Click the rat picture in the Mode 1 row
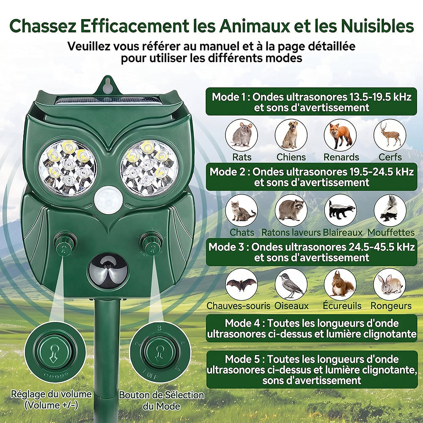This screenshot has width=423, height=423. [x=242, y=135]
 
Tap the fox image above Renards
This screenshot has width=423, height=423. [x=340, y=135]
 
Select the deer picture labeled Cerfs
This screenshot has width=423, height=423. [x=390, y=135]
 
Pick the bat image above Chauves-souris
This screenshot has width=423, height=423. [x=242, y=284]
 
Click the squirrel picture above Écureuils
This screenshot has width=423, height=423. [x=340, y=284]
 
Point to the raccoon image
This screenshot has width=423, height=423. [x=291, y=210]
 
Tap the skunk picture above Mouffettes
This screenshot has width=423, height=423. [x=390, y=210]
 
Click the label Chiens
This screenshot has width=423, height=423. [x=291, y=157]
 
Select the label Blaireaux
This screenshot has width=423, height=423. [x=342, y=232]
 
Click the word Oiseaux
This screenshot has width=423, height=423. [x=291, y=306]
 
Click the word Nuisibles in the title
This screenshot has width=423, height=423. [x=377, y=26]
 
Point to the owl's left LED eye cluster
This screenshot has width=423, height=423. [x=68, y=168]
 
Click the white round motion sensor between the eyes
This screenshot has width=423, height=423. [x=108, y=200]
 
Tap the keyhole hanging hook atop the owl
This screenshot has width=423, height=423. [x=107, y=85]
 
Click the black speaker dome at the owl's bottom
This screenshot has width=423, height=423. [x=108, y=271]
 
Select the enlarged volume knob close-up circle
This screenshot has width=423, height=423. [x=55, y=352]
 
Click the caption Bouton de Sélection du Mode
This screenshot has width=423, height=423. [x=161, y=401]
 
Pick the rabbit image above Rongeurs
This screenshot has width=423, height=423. [x=390, y=284]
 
